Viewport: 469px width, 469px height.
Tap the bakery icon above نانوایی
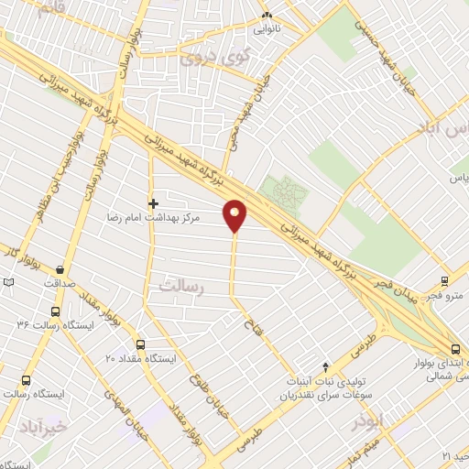point(267,16)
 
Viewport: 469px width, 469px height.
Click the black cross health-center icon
point(153,202)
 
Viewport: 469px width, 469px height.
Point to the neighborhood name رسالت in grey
point(179,286)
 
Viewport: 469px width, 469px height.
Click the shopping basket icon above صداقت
point(60,269)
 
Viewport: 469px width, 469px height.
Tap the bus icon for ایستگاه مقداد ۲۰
point(139,344)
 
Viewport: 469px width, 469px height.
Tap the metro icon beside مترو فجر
point(444,281)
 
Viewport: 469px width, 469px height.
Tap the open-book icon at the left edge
point(8,283)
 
